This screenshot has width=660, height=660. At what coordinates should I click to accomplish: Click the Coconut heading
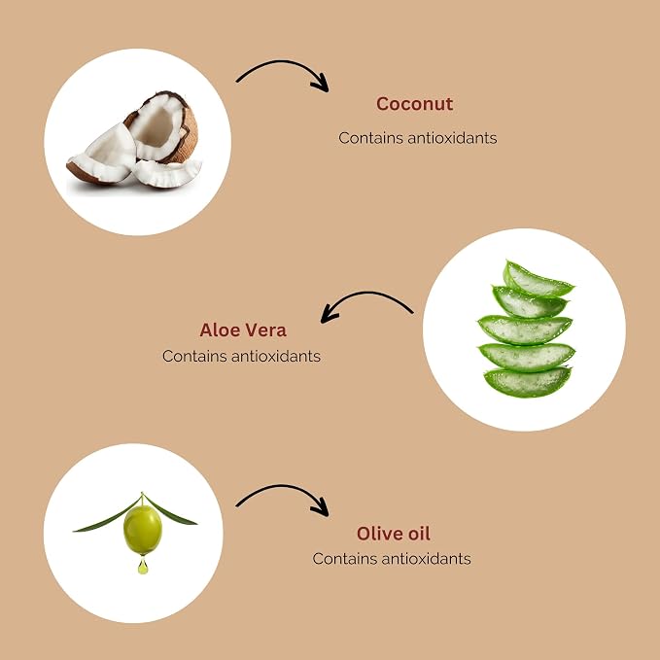click(415, 104)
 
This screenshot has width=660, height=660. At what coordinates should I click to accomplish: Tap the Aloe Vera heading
click(243, 330)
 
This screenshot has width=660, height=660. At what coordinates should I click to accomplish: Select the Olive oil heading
click(394, 534)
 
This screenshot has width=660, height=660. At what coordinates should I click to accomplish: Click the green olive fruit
click(143, 530)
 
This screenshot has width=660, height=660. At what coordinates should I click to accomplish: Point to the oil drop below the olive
click(143, 566)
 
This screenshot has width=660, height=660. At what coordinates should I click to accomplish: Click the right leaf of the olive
click(169, 511)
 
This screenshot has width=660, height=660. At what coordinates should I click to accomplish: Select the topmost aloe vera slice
click(537, 280)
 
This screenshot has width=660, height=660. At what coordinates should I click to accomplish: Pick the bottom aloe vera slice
click(528, 382)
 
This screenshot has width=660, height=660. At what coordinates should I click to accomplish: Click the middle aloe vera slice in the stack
click(525, 330)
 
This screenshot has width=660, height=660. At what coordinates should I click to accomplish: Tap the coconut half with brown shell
click(163, 126)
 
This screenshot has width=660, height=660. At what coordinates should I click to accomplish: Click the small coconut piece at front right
click(167, 173)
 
